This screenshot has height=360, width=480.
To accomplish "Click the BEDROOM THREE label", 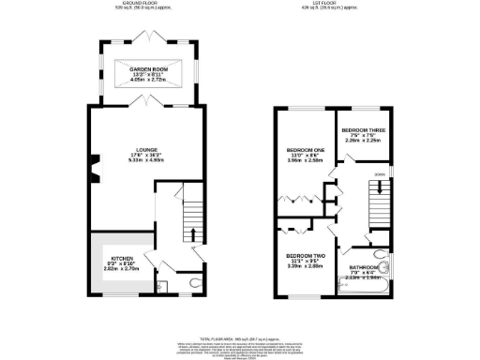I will (x=363, y=130).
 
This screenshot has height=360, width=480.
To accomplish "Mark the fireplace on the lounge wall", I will (x=92, y=168).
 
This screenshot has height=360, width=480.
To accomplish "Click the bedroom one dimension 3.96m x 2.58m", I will (x=305, y=161).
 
